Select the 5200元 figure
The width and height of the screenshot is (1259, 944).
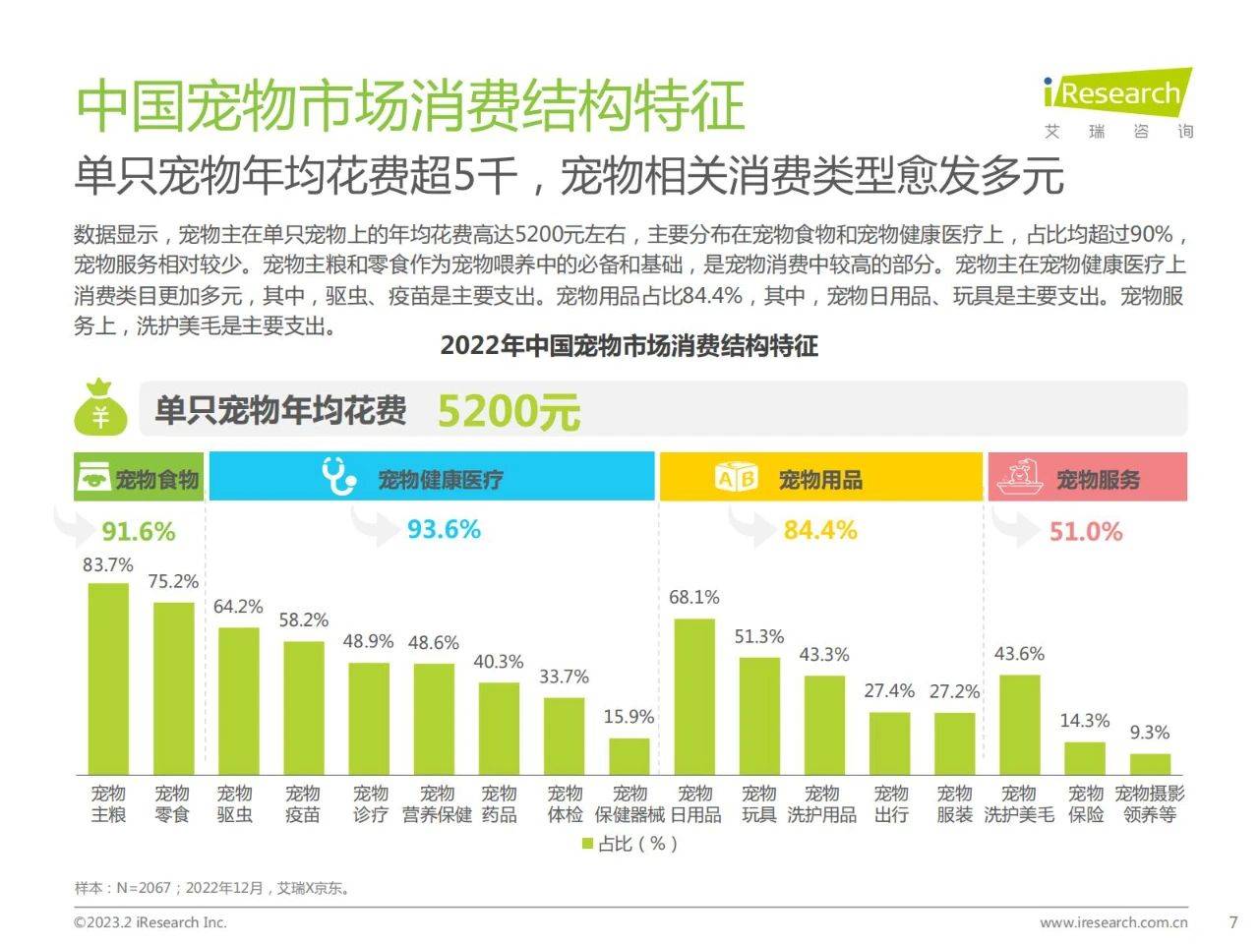coord(509,411)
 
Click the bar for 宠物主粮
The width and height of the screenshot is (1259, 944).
coord(108,678)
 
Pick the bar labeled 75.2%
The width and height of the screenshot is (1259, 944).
coord(174,688)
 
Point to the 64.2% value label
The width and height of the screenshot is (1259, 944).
coord(238,607)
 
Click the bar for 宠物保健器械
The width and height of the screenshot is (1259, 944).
coord(629,756)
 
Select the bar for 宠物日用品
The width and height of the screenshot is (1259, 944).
coord(694,696)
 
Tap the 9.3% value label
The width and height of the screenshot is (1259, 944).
coord(1149,733)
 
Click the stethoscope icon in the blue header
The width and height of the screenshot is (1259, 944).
coord(339,476)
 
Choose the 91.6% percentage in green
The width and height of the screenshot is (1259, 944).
coord(138,532)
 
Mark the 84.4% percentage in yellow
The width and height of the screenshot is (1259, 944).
coord(819,531)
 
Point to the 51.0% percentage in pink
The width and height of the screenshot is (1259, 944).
coord(1085,532)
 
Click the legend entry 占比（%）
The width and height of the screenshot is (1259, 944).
coord(629,844)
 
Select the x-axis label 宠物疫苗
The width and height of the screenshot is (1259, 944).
coord(303,803)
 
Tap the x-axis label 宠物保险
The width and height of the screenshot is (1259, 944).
coord(1086,803)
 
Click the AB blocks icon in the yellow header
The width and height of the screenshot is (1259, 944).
coord(737,478)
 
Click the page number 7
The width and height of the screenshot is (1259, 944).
coord(1233,922)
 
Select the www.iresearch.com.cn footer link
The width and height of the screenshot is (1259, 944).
coord(1113,922)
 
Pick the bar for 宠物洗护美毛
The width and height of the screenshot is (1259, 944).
coord(1019,725)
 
